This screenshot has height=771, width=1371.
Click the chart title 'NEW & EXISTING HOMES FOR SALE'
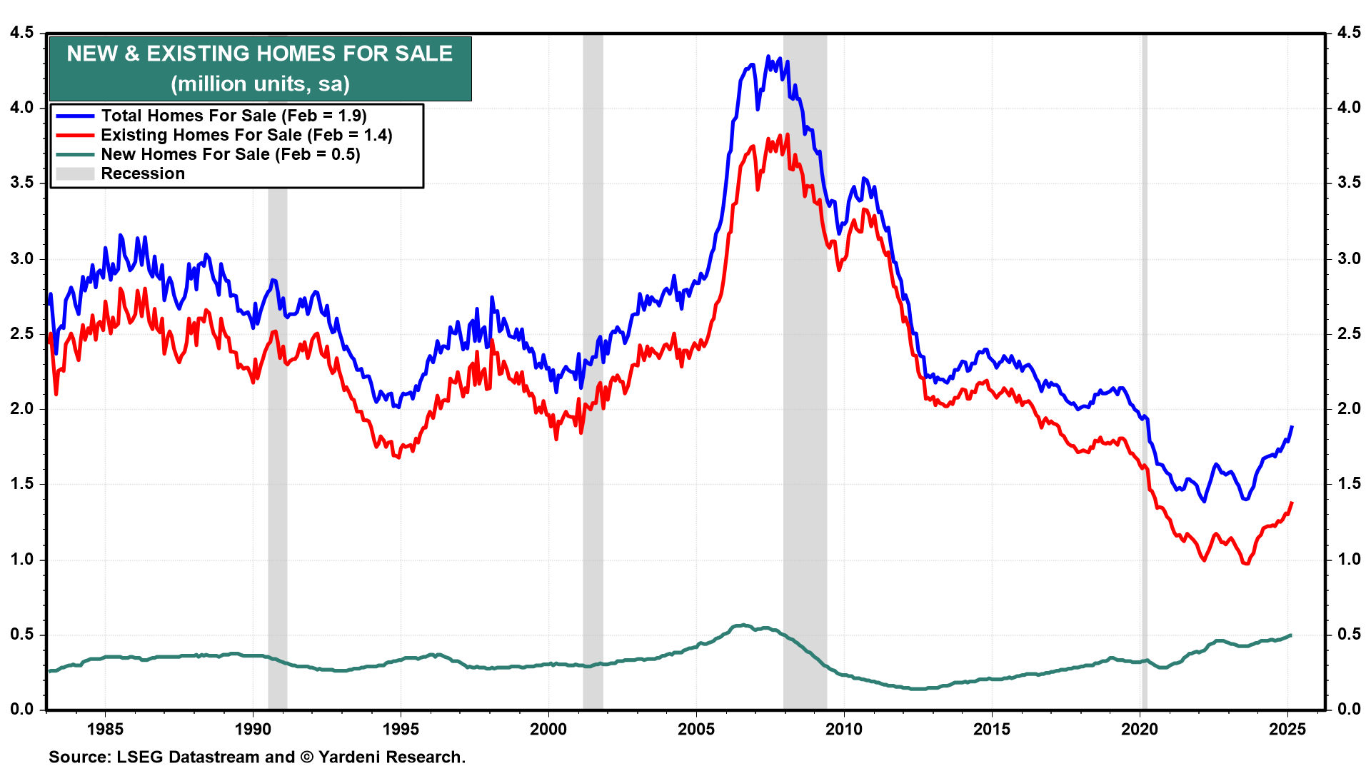[260, 54]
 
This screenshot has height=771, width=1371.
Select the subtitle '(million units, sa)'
[260, 84]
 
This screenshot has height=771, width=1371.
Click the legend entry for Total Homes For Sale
[233, 116]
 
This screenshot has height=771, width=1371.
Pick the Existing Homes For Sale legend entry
[246, 135]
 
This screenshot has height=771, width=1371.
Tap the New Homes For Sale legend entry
[230, 154]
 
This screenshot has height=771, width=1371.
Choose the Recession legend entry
[143, 173]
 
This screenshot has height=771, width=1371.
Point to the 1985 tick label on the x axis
[105, 729]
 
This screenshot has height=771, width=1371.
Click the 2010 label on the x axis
[844, 729]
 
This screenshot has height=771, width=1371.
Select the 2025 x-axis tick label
[1287, 729]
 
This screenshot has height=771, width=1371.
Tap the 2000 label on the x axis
[548, 729]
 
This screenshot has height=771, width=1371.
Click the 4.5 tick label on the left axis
[22, 33]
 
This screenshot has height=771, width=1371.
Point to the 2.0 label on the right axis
[1349, 409]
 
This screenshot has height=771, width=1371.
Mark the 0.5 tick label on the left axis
[22, 635]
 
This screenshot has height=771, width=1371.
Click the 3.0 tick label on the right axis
[1349, 258]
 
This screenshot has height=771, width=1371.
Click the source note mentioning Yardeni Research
[257, 757]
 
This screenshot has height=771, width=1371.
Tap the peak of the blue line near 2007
[768, 56]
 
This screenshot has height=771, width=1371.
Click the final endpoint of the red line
[1292, 503]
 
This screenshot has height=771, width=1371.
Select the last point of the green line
[1290, 635]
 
